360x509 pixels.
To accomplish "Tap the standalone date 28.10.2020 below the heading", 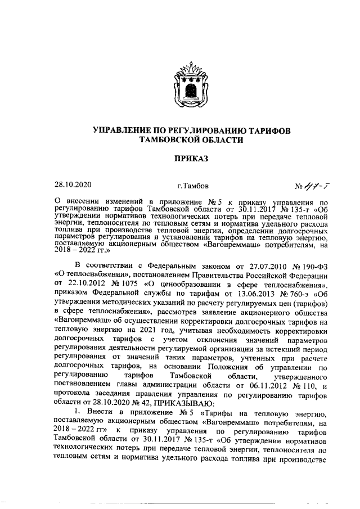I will tap(73, 184).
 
